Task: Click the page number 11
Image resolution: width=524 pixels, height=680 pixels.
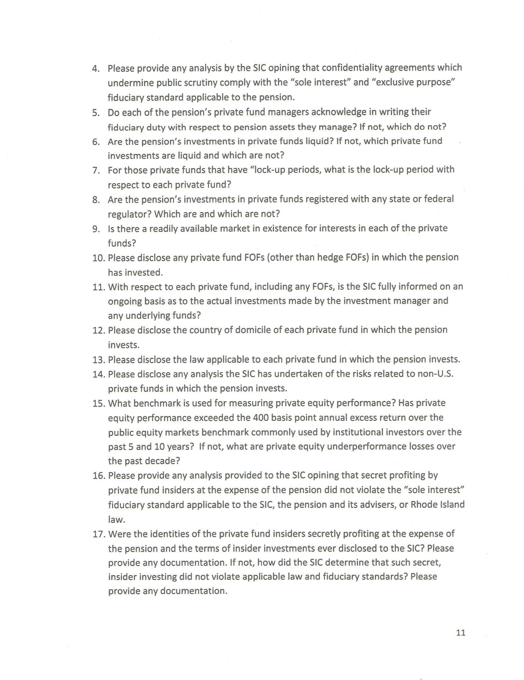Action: (x=461, y=632)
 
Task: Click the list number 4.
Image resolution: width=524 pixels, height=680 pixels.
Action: (x=96, y=68)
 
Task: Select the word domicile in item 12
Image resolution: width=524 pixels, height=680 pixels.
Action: (x=252, y=330)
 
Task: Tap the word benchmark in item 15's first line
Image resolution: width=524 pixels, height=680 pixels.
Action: (x=157, y=403)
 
